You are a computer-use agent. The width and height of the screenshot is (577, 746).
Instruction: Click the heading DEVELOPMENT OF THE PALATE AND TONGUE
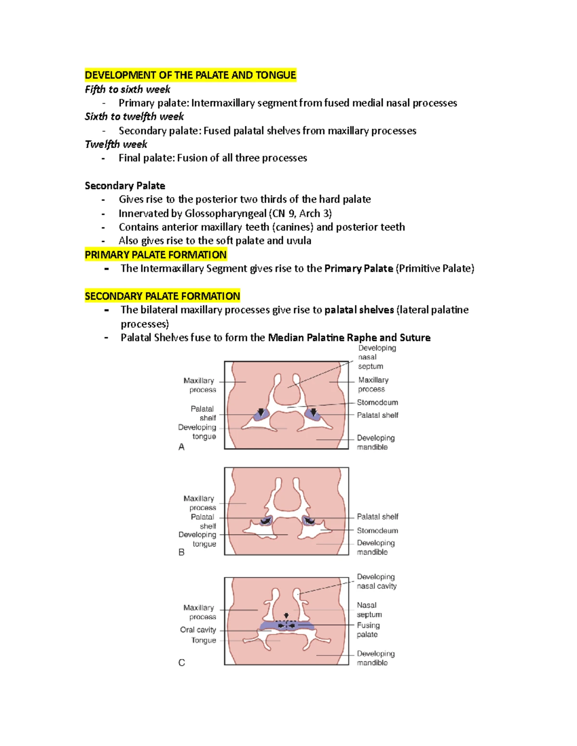[190, 75]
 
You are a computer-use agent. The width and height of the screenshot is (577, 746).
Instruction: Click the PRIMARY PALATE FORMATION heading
[155, 255]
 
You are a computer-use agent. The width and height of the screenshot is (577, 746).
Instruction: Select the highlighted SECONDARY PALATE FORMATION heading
[162, 296]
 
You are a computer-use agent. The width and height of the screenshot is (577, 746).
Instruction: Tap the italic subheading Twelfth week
[116, 144]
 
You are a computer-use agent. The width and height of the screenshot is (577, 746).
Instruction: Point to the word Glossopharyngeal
[226, 213]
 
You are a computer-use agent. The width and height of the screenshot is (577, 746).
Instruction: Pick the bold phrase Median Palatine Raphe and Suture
[349, 338]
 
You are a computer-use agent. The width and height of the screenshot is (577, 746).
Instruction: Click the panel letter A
[181, 447]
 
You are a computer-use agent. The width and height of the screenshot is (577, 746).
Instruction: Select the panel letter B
[181, 552]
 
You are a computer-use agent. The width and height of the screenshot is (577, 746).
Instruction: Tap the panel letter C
[181, 663]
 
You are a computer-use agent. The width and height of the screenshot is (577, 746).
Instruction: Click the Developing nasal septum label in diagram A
[377, 357]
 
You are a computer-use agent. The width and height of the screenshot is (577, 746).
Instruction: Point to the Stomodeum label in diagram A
[377, 403]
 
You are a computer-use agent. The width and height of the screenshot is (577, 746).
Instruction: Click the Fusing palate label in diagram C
[368, 630]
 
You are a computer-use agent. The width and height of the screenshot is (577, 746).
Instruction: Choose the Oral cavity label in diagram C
[198, 630]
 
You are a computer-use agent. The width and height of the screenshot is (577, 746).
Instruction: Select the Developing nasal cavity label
[376, 581]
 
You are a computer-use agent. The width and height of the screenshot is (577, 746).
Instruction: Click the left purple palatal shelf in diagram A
[261, 415]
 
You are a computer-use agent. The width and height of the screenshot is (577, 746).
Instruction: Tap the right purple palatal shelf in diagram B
[308, 521]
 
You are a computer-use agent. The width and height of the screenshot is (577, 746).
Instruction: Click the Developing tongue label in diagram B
[198, 539]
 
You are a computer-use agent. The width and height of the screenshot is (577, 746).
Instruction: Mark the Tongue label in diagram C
[203, 640]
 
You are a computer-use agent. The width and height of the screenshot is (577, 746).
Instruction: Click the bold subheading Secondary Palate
[125, 186]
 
